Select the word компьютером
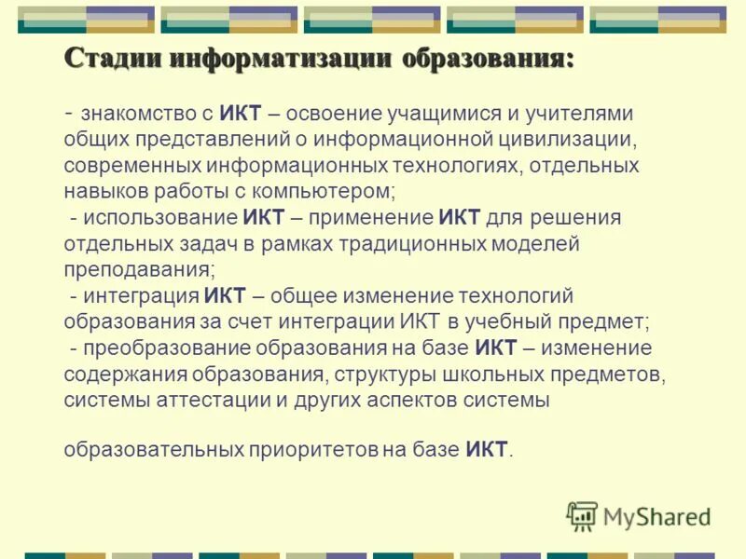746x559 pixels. (x=332, y=192)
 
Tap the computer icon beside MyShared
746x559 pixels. (x=582, y=516)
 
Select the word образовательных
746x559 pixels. (x=153, y=450)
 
